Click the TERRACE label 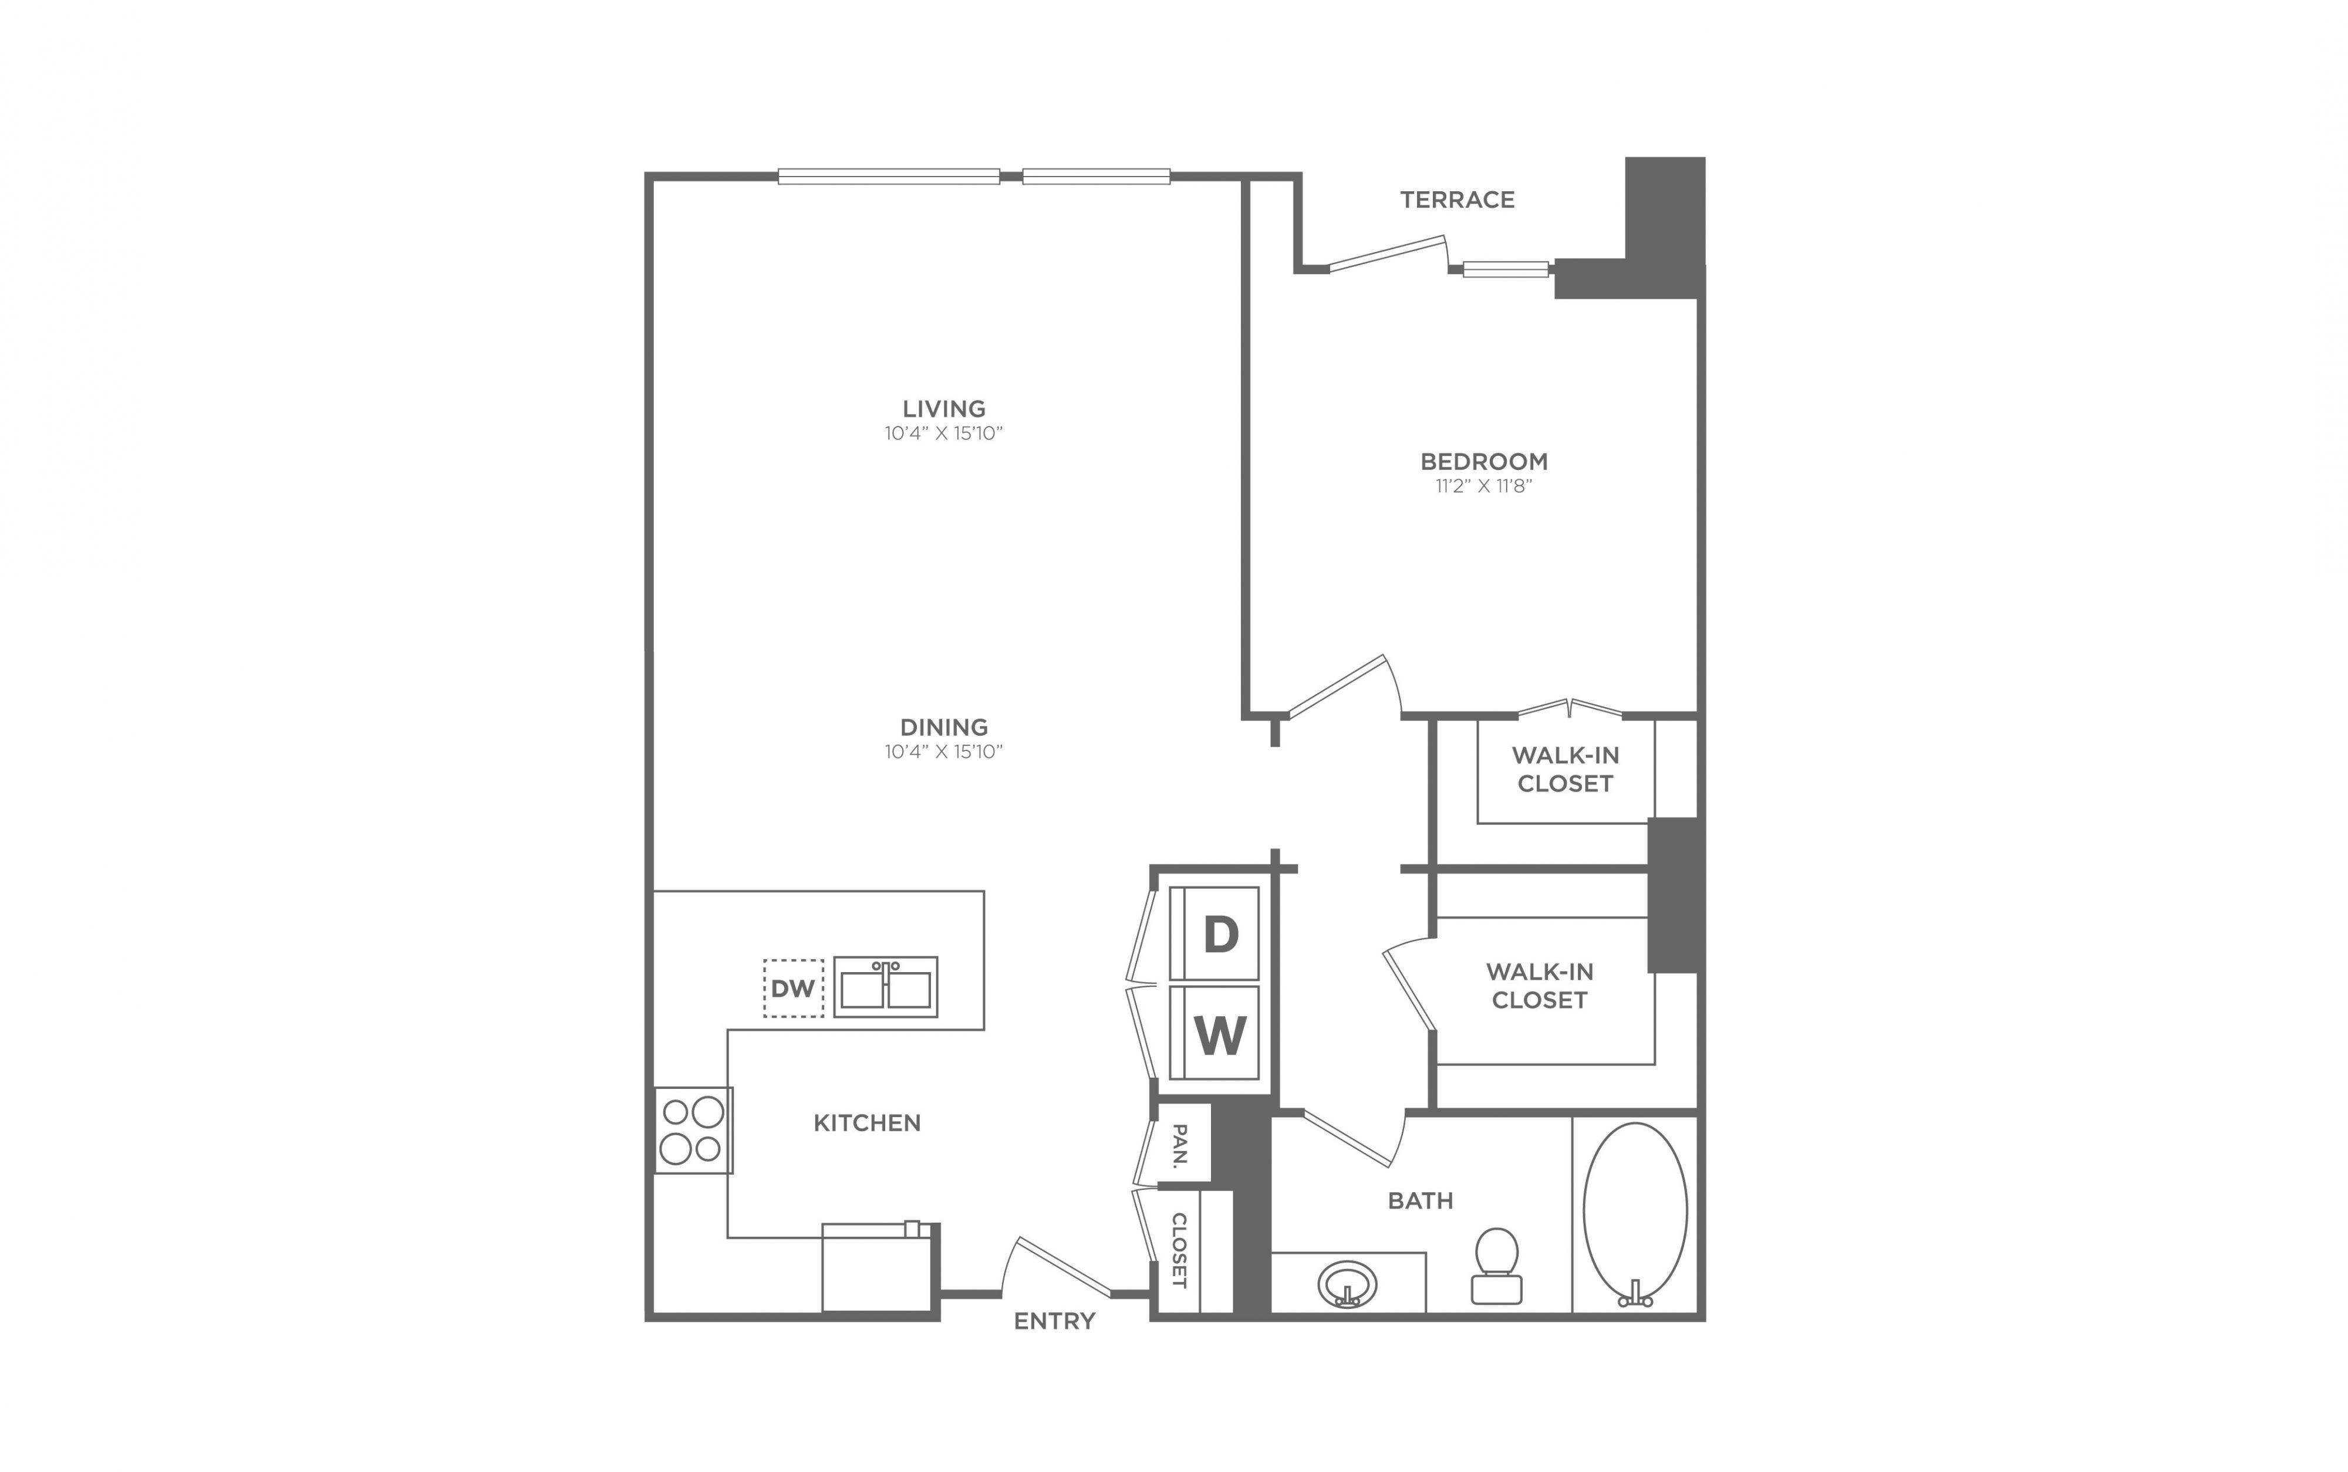1457,199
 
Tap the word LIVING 944,409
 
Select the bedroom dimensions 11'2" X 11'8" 1484,486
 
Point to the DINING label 944,727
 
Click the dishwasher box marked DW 792,988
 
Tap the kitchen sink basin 885,987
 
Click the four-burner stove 693,1131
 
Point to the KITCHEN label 867,1124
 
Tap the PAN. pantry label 1179,1145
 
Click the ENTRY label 1055,1321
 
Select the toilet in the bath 1497,1265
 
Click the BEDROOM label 1484,462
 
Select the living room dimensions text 944,433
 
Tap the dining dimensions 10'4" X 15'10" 944,752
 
